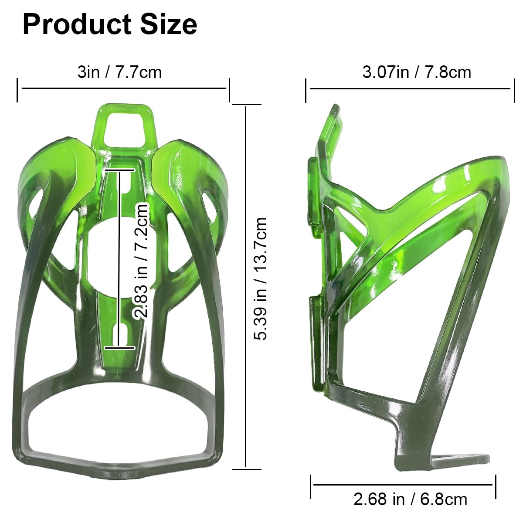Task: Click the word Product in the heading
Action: [77, 25]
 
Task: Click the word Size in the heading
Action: [168, 25]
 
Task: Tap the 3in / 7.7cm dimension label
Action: [119, 72]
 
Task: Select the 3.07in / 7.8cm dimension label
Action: [417, 72]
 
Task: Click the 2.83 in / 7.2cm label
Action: [140, 261]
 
